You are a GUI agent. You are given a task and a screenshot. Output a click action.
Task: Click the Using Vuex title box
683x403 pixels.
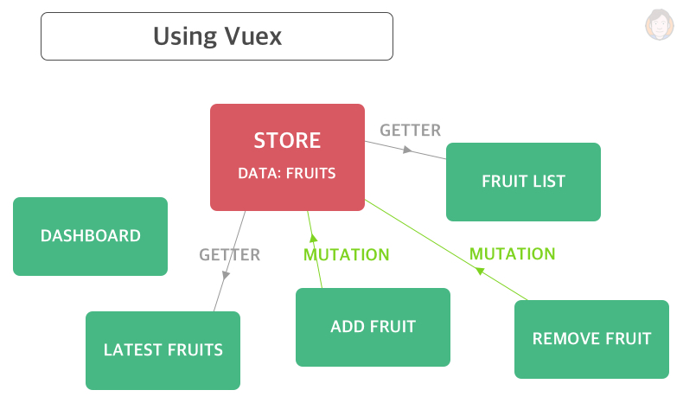(x=217, y=36)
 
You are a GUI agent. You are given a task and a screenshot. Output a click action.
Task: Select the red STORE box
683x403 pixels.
(x=287, y=157)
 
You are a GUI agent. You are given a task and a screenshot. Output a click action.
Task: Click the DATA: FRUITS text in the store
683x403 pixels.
(x=287, y=173)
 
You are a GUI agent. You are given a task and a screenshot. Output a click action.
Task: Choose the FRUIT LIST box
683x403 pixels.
(x=523, y=182)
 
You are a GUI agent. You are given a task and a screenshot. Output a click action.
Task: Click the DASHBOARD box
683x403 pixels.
(x=91, y=236)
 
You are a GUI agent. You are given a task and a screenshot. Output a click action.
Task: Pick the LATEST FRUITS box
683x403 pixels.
(x=163, y=350)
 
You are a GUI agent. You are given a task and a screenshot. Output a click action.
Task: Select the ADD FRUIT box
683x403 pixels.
(x=373, y=327)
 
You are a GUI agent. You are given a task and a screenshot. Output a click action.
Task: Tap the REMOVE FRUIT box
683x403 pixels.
(x=591, y=339)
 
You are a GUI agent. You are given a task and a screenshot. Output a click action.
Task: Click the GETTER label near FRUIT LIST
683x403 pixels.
(x=411, y=131)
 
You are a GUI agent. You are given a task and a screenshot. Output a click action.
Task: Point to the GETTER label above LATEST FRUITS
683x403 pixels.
(x=229, y=255)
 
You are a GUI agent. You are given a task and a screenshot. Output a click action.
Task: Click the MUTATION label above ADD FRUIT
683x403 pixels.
(x=346, y=255)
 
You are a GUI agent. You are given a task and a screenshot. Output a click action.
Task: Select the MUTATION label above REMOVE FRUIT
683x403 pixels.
(x=512, y=254)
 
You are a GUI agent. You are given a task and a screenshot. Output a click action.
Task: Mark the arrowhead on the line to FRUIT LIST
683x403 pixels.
(x=405, y=150)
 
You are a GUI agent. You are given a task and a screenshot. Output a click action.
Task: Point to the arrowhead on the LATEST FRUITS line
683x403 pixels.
(x=226, y=275)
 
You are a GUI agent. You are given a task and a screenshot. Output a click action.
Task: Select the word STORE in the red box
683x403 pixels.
(x=287, y=141)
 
